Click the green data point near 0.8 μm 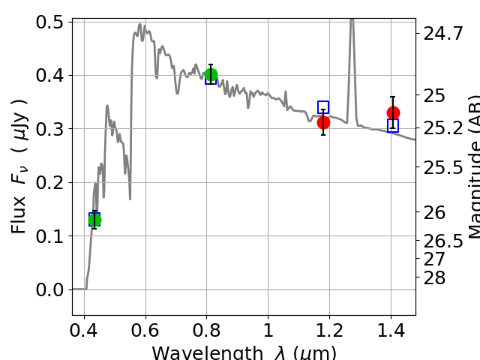pos(211,74)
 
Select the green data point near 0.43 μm pos(94,220)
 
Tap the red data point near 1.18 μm pos(323,122)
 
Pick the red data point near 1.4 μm pos(393,112)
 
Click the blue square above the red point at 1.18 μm pos(323,107)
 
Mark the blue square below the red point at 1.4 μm pos(393,125)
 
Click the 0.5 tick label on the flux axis pos(49,22)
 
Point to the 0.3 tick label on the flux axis pos(49,129)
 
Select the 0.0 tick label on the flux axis pos(49,289)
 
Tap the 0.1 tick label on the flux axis pos(49,236)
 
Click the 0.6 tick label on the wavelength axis pos(145,331)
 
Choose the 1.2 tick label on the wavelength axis pos(328,331)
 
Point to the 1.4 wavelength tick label pos(390,331)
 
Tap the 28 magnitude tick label pos(433,277)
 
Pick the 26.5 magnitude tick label pos(442,241)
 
